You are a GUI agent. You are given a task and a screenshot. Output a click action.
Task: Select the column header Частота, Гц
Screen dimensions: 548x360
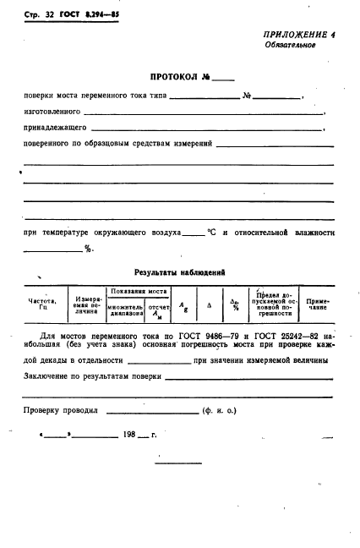pyautogui.click(x=42, y=304)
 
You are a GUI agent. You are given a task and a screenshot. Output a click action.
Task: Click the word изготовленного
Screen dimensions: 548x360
pyautogui.click(x=52, y=112)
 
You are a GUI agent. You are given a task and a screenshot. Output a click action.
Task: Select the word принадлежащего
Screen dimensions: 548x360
pyautogui.click(x=55, y=128)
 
